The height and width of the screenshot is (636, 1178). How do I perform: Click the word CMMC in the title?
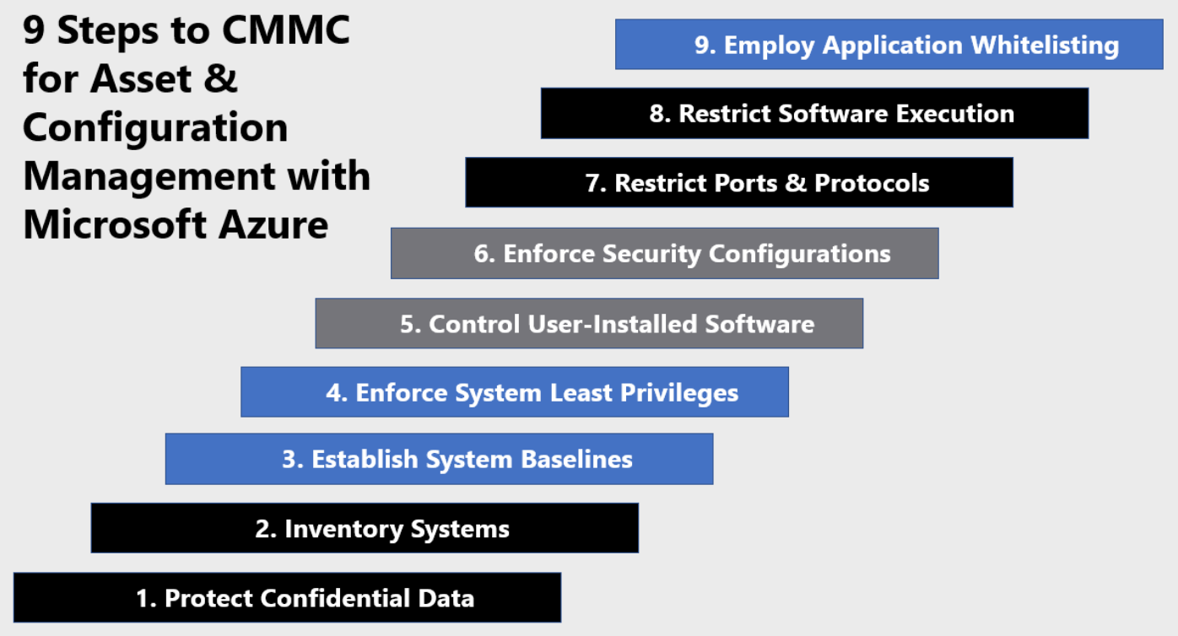tap(286, 30)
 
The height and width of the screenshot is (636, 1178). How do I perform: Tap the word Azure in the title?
tap(273, 224)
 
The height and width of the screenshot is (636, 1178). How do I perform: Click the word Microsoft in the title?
tap(115, 224)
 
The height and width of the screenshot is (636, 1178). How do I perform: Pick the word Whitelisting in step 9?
tap(1045, 46)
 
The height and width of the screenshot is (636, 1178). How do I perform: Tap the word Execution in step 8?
tap(955, 114)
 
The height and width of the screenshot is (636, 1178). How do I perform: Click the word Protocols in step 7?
tap(872, 183)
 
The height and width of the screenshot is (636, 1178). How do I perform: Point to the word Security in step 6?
tap(651, 255)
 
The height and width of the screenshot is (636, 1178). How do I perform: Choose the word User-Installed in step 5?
tap(612, 324)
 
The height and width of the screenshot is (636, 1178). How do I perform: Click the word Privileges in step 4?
tap(679, 394)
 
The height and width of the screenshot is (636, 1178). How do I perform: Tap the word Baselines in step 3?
tap(576, 460)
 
